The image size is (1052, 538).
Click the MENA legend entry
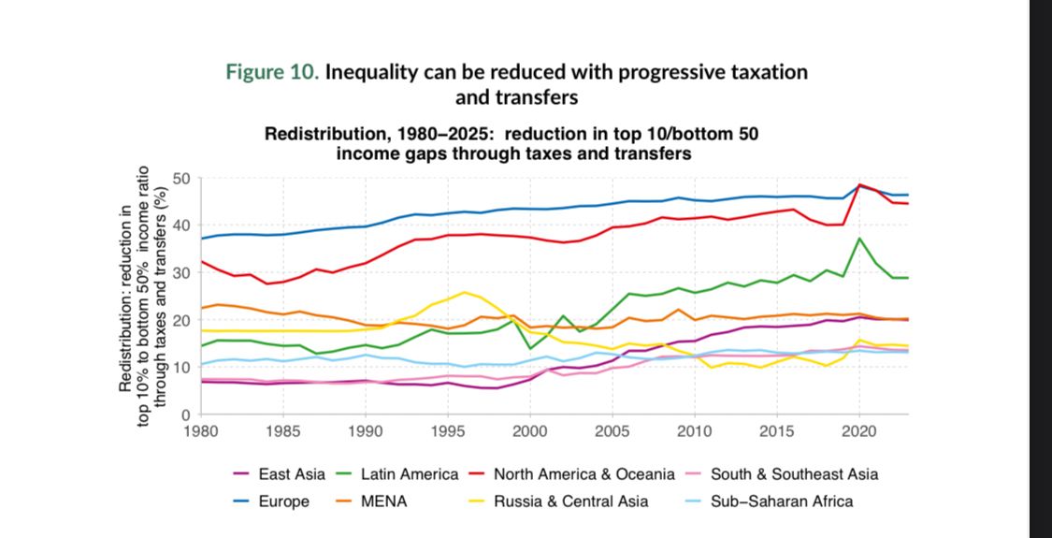[x=383, y=502]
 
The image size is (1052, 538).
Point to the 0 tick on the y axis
[x=187, y=414]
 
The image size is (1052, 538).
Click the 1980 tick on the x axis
[x=200, y=432]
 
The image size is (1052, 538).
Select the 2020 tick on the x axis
[x=859, y=432]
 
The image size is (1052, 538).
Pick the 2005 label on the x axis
[x=612, y=432]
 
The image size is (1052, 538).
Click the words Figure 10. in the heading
[x=273, y=73]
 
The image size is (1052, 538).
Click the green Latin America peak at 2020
[x=859, y=239]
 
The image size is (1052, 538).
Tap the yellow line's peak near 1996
[x=464, y=292]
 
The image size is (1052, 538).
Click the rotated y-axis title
[x=144, y=296]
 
